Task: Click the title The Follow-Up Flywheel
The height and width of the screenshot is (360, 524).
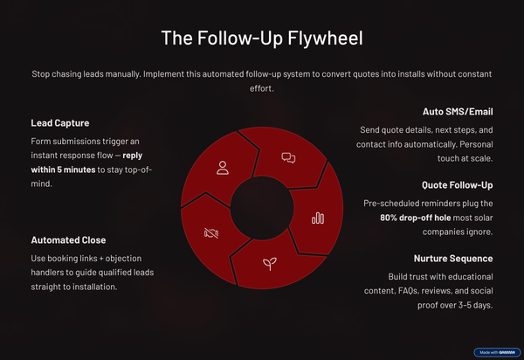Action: click(262, 38)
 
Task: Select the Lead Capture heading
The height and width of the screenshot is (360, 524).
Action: click(60, 123)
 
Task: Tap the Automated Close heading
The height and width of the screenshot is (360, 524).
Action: click(68, 240)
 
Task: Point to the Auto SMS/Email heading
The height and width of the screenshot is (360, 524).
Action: click(458, 112)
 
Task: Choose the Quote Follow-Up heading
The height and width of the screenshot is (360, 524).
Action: click(457, 185)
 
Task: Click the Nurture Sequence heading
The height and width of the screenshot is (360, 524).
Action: click(453, 259)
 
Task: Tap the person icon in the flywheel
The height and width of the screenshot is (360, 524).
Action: click(223, 168)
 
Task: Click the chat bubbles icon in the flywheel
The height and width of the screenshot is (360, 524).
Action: click(288, 158)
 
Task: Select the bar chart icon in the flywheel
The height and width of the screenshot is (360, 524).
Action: click(318, 218)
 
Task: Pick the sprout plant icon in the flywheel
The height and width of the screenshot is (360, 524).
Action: click(270, 263)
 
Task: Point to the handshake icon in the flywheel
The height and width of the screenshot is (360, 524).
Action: click(211, 233)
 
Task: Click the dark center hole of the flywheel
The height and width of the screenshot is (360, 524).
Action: click(262, 208)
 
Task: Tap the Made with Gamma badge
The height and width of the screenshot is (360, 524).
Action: click(497, 352)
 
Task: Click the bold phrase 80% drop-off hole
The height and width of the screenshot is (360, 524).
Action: click(416, 218)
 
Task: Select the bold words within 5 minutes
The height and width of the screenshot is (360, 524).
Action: click(63, 170)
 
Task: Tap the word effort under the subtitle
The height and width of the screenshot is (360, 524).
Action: click(262, 88)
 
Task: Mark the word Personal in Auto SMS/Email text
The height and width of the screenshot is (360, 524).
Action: click(476, 144)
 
